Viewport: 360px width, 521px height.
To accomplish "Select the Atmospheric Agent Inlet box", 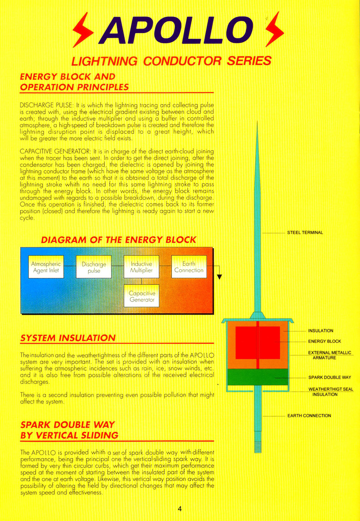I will [x=46, y=267].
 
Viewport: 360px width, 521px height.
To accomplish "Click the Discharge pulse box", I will [x=94, y=267].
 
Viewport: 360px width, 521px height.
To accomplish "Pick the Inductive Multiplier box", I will [x=141, y=267].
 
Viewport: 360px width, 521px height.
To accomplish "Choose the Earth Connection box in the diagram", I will [x=189, y=267].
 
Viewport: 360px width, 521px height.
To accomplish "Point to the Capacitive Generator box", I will [x=141, y=296].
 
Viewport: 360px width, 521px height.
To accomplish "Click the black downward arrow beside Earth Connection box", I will [x=219, y=275].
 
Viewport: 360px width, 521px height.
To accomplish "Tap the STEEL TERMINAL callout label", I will [x=305, y=233].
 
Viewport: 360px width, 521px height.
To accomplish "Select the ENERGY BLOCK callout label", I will [x=324, y=341].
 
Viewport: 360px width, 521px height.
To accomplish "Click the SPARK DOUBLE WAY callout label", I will [x=329, y=378].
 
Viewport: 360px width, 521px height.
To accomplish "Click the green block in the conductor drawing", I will [x=257, y=377].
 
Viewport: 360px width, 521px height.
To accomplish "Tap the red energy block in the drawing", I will [x=257, y=342].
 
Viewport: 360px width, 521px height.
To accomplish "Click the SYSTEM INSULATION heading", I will [x=68, y=338].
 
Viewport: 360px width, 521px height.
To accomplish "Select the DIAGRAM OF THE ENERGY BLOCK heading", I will [x=118, y=240].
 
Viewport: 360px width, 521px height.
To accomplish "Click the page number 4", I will [x=180, y=509].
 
